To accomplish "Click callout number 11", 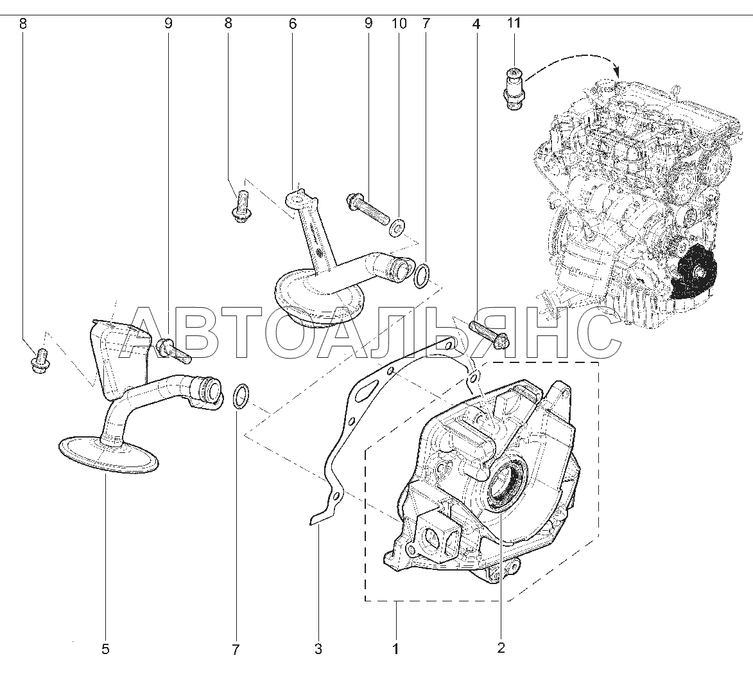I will (x=514, y=24).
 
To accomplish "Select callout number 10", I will (x=399, y=24).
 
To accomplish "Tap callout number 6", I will (x=293, y=24).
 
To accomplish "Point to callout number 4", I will (x=476, y=24).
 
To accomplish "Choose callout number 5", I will (x=105, y=648).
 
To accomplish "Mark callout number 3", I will (x=318, y=648).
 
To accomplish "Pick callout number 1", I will (x=395, y=648).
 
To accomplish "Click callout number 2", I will (x=501, y=648).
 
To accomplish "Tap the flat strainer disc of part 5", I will (x=108, y=454).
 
